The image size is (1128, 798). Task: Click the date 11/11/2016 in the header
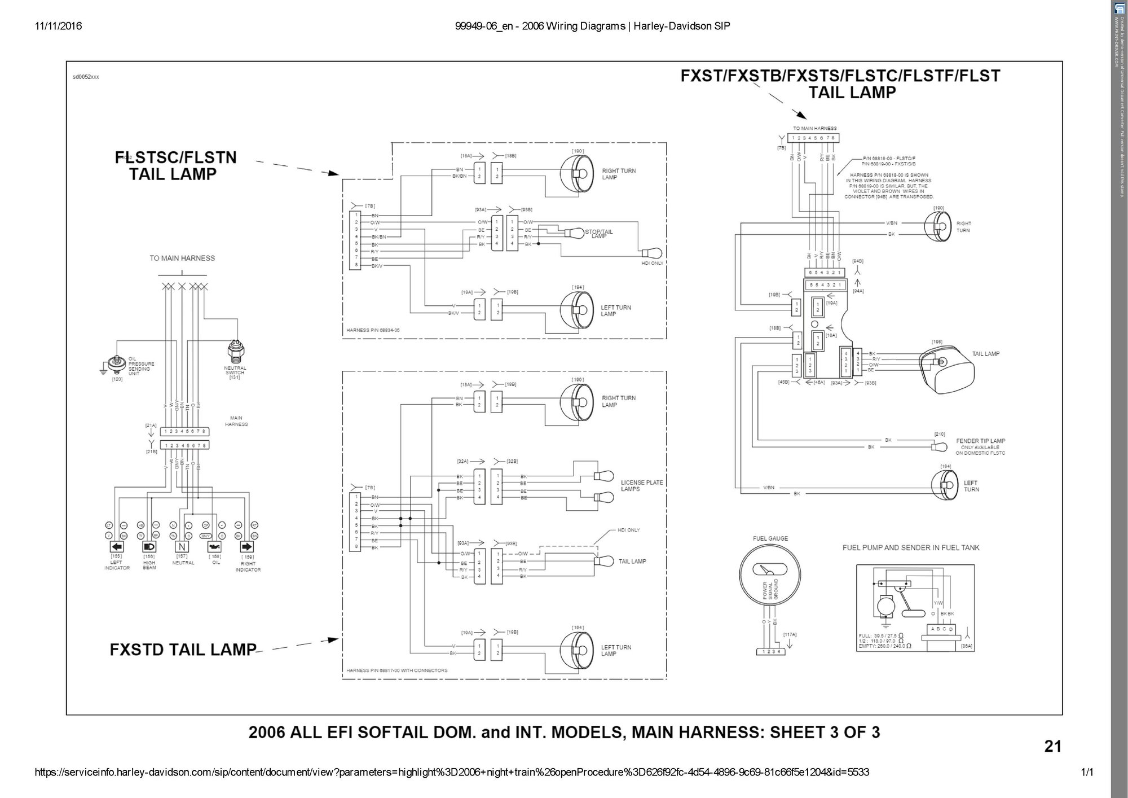click(x=58, y=26)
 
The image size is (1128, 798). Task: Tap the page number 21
click(x=1052, y=747)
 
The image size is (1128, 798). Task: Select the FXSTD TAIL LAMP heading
click(x=183, y=650)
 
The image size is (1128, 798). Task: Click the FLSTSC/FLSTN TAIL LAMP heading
click(x=175, y=165)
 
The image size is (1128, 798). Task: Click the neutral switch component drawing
click(x=234, y=352)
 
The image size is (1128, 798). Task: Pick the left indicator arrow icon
click(x=116, y=547)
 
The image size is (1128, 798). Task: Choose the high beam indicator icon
click(x=149, y=547)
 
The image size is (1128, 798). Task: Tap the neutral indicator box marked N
click(x=182, y=547)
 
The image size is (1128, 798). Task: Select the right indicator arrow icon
click(x=247, y=547)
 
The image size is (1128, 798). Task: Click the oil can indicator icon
click(x=214, y=547)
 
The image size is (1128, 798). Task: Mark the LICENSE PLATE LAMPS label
click(x=642, y=486)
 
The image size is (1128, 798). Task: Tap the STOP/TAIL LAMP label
click(x=599, y=234)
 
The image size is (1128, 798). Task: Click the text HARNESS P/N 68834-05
click(x=373, y=330)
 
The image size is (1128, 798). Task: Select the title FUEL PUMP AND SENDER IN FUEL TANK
click(x=911, y=548)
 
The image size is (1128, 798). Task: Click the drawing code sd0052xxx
click(x=86, y=77)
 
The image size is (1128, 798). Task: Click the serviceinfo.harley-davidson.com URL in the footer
click(x=451, y=772)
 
